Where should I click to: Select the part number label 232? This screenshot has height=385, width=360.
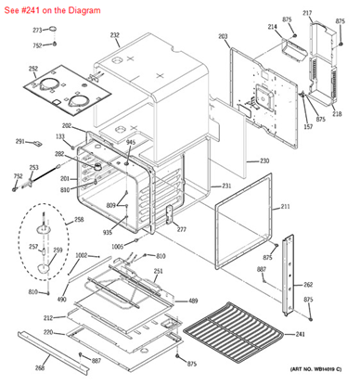point(115,36)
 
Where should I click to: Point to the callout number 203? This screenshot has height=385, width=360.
point(223,36)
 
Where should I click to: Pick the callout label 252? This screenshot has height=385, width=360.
point(32,69)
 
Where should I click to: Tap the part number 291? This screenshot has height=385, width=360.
point(19,141)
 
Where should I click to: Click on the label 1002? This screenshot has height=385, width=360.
point(82,255)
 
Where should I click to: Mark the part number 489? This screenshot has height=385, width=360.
point(193,302)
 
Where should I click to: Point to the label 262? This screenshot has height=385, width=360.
point(308,285)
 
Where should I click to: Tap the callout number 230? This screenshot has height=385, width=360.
point(264,161)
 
